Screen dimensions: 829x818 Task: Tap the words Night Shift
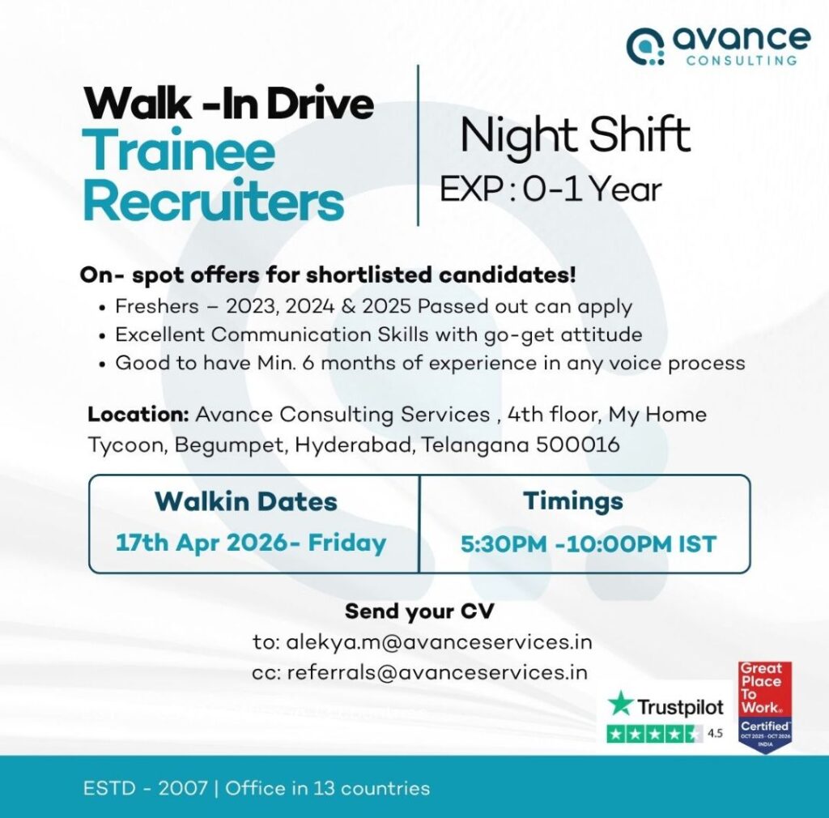576,134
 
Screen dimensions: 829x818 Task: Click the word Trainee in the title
179,151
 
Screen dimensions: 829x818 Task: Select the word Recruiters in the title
214,201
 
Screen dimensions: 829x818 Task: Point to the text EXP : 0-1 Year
551,190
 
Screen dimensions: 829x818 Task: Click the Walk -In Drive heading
228,103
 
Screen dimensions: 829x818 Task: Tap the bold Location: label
138,414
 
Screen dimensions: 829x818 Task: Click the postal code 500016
577,445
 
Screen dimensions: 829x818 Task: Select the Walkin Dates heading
246,501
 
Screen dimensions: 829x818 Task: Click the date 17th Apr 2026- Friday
251,543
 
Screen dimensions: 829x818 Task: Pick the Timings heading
573,501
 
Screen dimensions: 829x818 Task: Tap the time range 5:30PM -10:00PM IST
589,544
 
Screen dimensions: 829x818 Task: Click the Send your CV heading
419,611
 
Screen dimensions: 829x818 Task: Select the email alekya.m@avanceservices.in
439,642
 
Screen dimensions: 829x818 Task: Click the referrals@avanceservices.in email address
437,672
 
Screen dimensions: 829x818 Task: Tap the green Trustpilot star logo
620,705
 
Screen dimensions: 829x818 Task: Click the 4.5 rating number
715,734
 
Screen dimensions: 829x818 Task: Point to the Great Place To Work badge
765,707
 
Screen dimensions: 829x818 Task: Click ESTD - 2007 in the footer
145,788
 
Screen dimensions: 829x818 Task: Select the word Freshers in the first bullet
157,306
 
